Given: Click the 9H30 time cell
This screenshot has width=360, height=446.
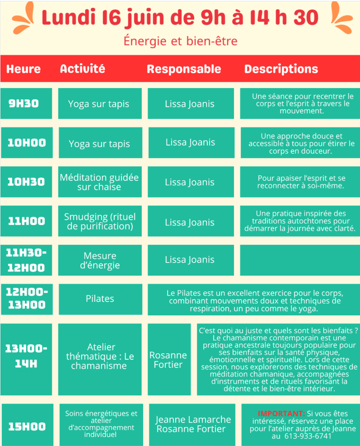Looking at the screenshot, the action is coord(26,103).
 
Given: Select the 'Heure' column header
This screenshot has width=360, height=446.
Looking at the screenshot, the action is coord(23,69).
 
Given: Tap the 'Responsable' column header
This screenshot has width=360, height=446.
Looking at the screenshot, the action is coord(184,69).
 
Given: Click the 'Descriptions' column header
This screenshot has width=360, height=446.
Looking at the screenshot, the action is coord(281,69).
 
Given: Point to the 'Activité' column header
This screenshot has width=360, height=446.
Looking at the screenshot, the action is coord(83,69).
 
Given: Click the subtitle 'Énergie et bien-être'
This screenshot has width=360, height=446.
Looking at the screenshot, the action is coord(180,41).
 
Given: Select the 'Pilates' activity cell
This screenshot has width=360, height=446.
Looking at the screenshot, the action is coord(100,299).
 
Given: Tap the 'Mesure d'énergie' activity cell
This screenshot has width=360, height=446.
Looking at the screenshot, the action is coord(100,260).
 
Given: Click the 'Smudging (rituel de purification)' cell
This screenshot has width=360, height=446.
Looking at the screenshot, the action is coord(100,221).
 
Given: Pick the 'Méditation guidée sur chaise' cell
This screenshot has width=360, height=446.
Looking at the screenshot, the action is coord(100,182).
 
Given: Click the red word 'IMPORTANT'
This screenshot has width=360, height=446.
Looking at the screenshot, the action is coord(281,413).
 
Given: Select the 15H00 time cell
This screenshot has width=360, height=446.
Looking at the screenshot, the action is coord(27,425).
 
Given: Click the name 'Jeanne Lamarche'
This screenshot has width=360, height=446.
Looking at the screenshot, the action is coord(193,419).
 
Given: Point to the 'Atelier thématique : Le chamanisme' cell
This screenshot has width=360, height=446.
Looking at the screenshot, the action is coord(100,359).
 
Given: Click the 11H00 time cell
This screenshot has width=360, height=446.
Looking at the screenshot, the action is coord(26,221).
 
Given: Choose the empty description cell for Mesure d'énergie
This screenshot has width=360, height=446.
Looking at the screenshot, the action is coord(300,260).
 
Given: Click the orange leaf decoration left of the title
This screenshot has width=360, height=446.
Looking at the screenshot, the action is coord(24,19).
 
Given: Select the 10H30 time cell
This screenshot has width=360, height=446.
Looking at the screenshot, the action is coord(26,182).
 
